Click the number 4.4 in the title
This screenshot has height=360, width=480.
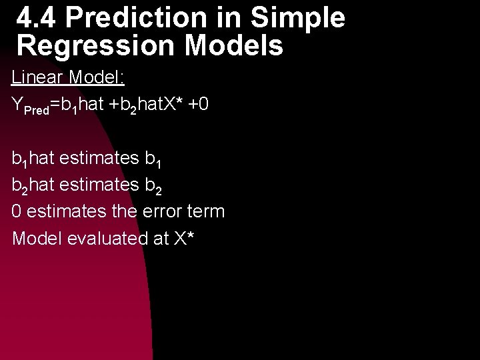[37, 19]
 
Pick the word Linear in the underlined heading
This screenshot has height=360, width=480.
[35, 77]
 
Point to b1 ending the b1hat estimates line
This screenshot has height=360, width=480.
[153, 160]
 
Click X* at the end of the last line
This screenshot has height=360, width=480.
[183, 238]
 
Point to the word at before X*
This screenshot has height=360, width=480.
[157, 239]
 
